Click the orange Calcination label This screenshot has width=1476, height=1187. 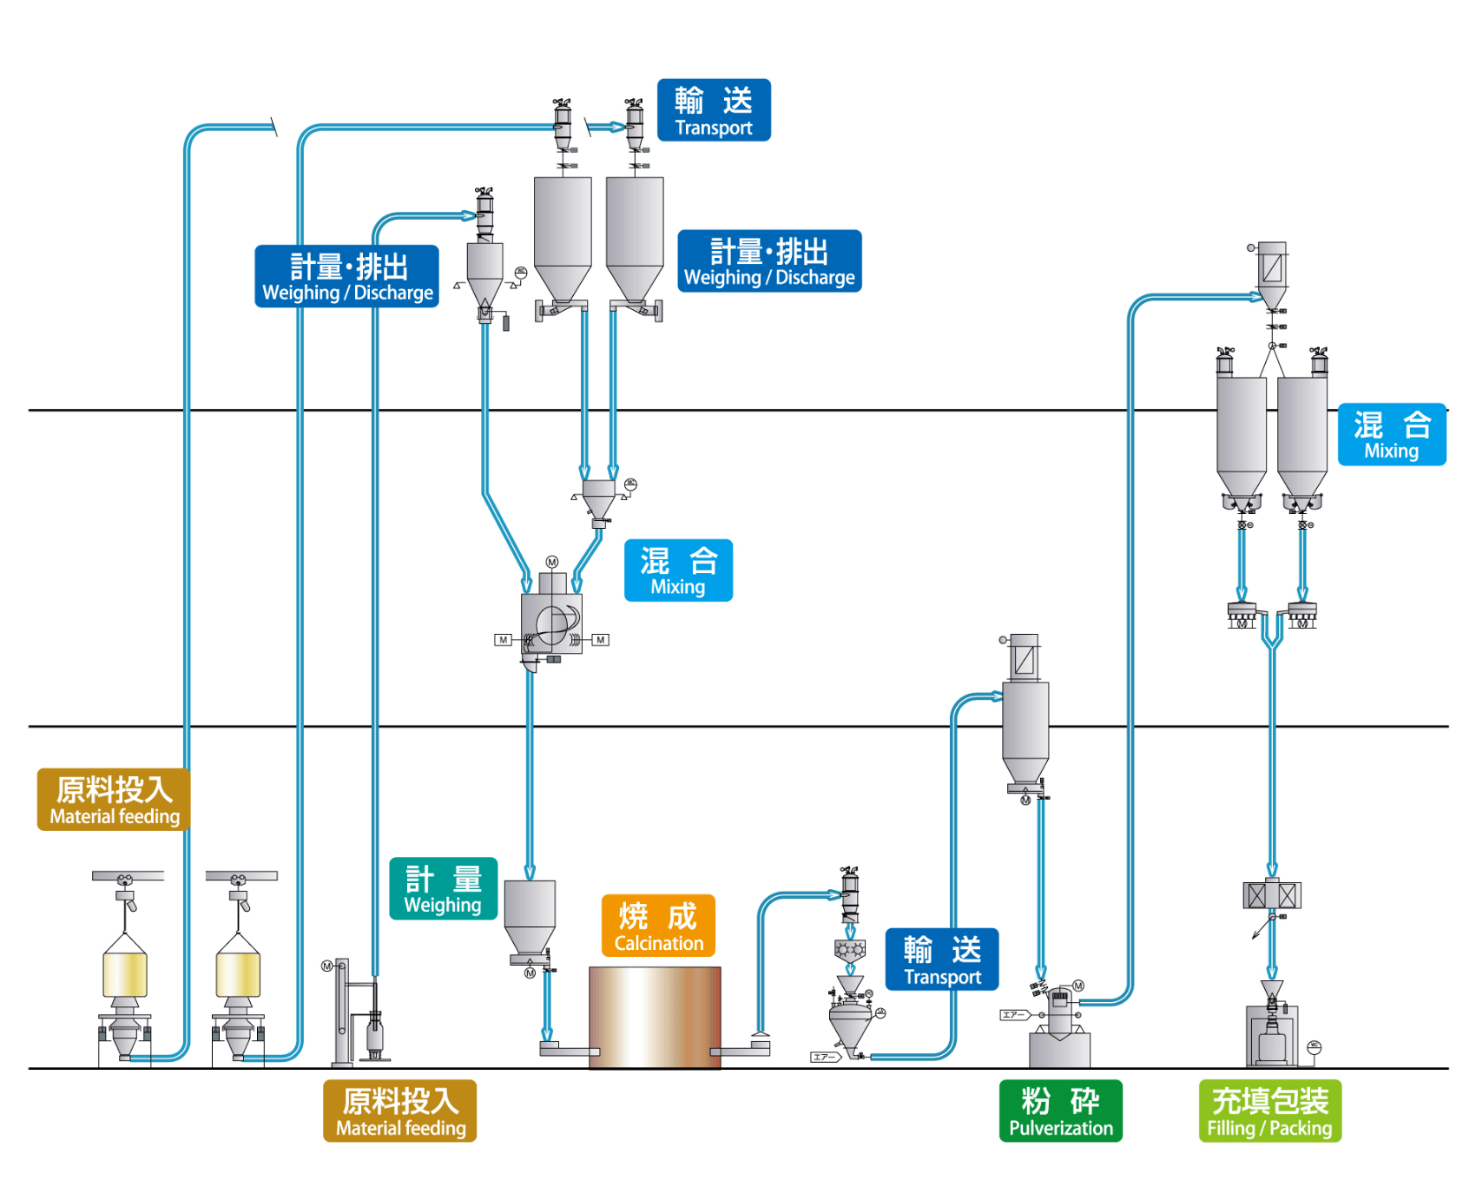click(x=658, y=926)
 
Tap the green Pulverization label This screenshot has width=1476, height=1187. click(x=1060, y=1111)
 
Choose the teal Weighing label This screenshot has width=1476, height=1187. click(x=443, y=888)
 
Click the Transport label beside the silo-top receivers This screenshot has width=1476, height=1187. click(x=714, y=110)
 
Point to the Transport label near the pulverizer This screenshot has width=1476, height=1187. click(x=942, y=959)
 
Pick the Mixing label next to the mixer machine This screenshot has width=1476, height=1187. click(x=678, y=570)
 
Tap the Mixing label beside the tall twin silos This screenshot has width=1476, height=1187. click(x=1391, y=434)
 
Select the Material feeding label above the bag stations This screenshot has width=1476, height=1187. click(x=114, y=800)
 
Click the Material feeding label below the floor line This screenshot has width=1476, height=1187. click(x=399, y=1111)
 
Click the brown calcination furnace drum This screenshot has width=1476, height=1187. click(x=655, y=1017)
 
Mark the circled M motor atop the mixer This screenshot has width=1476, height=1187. click(x=552, y=563)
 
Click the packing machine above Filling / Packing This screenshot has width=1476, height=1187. click(x=1272, y=1033)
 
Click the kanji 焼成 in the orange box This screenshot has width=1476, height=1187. click(x=658, y=916)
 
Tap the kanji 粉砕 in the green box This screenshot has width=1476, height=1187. click(x=1060, y=1101)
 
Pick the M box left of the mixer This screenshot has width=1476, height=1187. click(x=503, y=640)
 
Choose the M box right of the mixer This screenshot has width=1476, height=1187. click(x=600, y=640)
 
